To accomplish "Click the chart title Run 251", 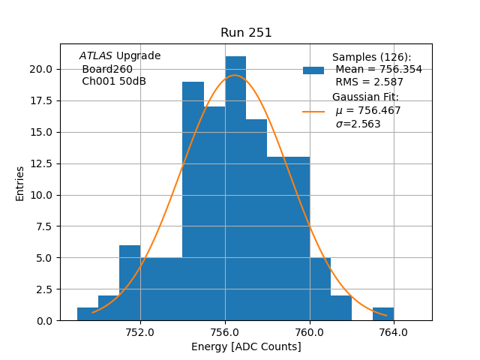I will [246, 33].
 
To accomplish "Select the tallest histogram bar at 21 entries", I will [235, 188].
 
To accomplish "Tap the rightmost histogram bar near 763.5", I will [383, 314].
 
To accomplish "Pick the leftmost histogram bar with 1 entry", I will [88, 314].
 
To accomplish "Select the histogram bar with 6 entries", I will [130, 283].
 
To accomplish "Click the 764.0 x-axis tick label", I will [394, 333].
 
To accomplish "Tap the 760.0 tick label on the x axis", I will [309, 333].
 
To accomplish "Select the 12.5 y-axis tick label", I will [41, 163].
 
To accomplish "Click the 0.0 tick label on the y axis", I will [44, 321].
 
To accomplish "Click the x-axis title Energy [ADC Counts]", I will [246, 347].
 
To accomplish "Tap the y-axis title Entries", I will [20, 183].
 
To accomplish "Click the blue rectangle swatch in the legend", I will [313, 70].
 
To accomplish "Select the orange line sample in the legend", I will [313, 111].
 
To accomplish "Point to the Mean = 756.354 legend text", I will [379, 70].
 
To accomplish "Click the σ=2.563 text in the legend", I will [358, 124].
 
